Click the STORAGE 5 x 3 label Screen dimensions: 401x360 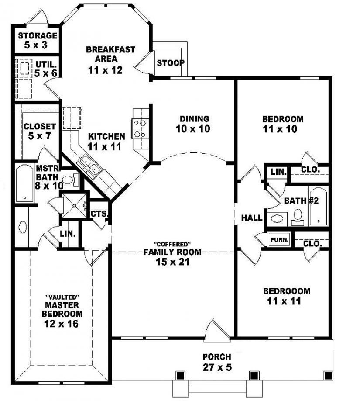pos(37,40)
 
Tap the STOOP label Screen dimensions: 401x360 pos(170,63)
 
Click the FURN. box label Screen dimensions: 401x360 pos(278,240)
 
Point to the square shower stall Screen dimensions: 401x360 pos(72,204)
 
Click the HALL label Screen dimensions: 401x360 pos(252,218)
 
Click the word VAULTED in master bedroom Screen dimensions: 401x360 pos(62,297)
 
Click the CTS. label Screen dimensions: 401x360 pos(99,214)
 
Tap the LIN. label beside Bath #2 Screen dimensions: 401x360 pos(278,172)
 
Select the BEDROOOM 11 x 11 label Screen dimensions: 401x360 pos(286,296)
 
